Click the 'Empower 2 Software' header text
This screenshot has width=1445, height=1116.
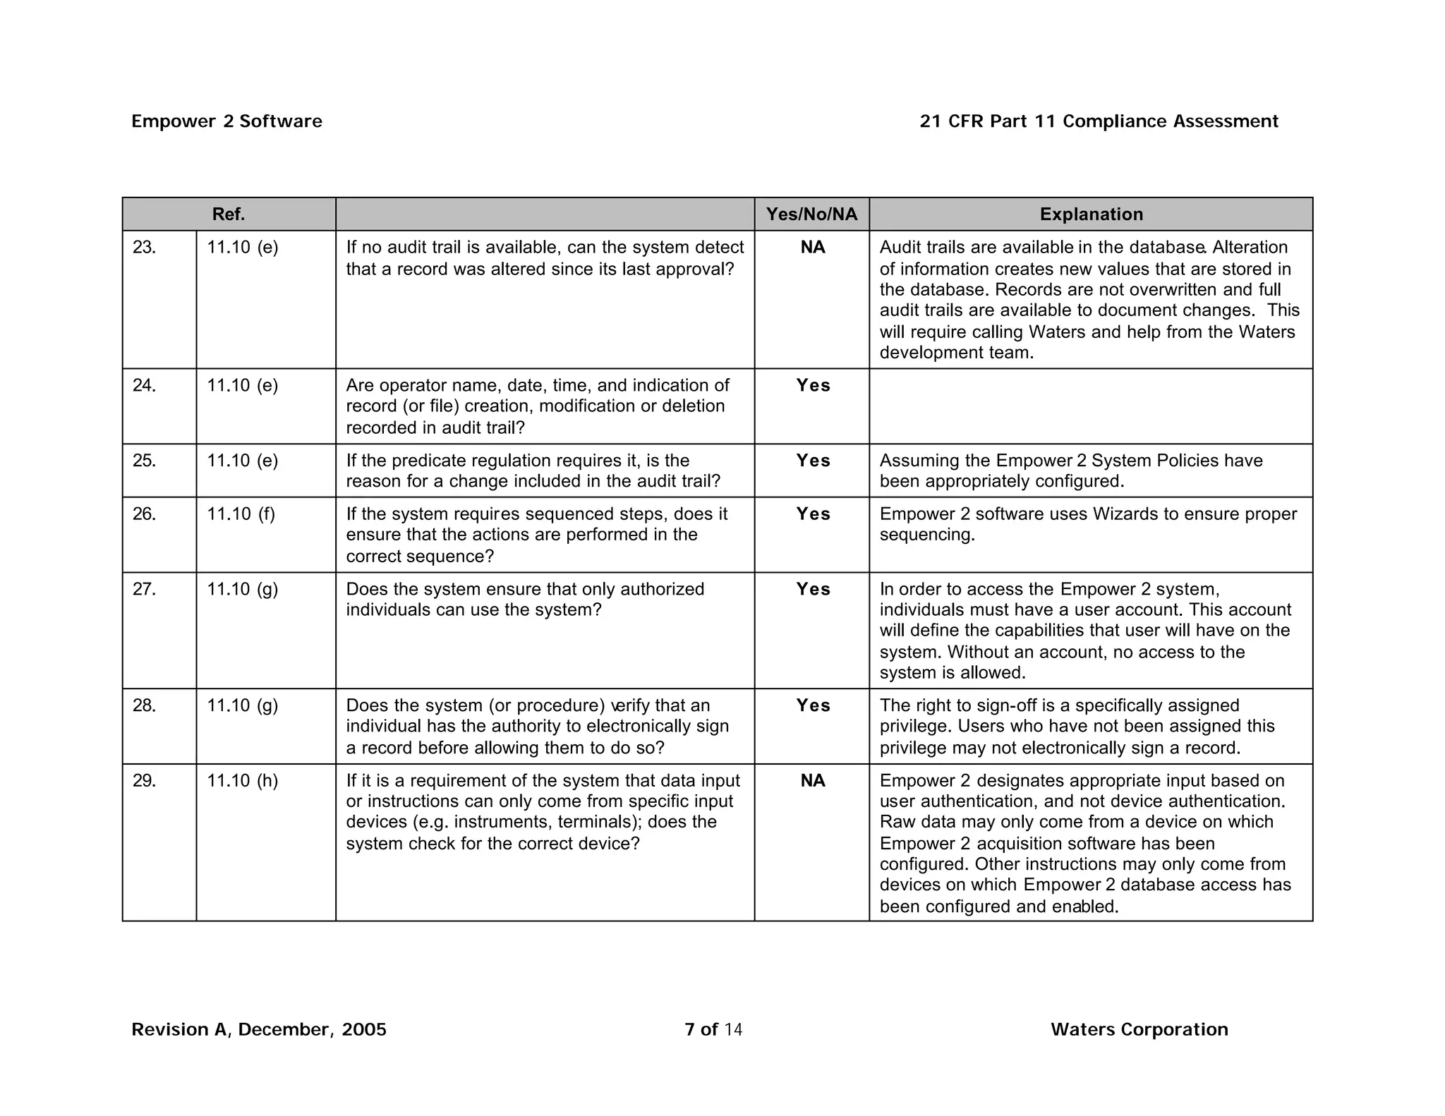tap(226, 121)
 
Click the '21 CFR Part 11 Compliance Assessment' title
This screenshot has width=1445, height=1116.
tap(1099, 121)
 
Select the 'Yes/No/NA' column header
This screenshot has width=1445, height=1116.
tap(811, 214)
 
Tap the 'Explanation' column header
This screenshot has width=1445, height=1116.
tap(1091, 214)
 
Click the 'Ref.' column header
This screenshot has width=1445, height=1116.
tap(229, 214)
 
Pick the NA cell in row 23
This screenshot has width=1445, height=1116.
tap(812, 248)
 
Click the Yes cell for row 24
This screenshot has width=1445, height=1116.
tap(813, 386)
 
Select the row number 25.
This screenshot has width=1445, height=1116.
tap(144, 461)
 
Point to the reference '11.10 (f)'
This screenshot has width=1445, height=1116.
tap(241, 514)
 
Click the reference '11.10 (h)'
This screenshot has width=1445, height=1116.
tap(242, 781)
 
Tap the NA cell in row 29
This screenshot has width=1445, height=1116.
tap(812, 781)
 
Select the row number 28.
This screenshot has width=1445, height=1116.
tap(144, 706)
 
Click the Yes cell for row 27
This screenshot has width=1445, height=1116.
tap(813, 590)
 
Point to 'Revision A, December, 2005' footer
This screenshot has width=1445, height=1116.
tap(259, 1030)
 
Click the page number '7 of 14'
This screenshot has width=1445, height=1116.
tap(713, 1030)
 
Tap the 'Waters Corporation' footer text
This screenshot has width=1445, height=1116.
tap(1139, 1030)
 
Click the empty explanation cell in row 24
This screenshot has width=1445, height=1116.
tap(1091, 406)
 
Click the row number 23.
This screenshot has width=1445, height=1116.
tap(144, 248)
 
